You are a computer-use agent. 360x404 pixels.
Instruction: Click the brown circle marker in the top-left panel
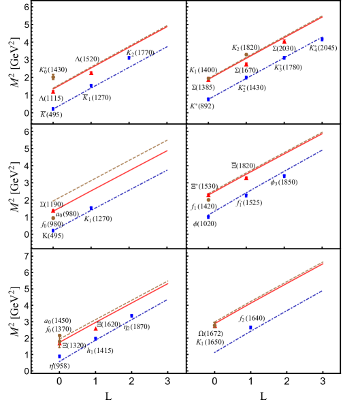click(53, 77)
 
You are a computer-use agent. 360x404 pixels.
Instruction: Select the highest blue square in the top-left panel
click(129, 58)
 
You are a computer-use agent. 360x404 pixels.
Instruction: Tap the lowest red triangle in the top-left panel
click(53, 91)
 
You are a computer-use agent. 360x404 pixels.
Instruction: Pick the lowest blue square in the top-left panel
click(53, 109)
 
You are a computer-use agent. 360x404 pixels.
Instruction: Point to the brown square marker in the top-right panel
click(246, 55)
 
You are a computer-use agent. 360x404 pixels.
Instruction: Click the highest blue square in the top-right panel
click(322, 40)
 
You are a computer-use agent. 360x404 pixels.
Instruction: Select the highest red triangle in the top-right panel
click(284, 42)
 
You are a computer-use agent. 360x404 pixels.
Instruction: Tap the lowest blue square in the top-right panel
click(208, 99)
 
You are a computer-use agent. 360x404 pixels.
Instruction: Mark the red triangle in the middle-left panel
click(53, 211)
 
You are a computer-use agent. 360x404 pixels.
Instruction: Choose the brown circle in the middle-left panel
click(53, 218)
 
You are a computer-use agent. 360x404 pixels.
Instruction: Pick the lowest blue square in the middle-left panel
click(53, 231)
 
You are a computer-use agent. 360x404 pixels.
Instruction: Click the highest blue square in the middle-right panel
click(284, 176)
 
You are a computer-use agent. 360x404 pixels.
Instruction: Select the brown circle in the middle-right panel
click(208, 200)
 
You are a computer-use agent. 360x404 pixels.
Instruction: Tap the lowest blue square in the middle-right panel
click(208, 217)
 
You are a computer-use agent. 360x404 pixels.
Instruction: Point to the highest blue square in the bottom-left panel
click(131, 315)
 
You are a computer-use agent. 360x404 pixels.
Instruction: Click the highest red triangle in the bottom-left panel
click(95, 328)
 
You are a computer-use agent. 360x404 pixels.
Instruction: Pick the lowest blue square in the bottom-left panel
click(59, 356)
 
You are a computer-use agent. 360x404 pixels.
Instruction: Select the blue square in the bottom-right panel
click(250, 328)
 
